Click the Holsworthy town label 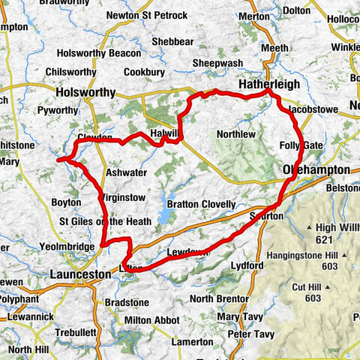[x=86, y=93]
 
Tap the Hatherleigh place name [x=269, y=85]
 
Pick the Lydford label [x=247, y=265]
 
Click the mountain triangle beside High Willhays [x=309, y=227]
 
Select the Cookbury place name [x=144, y=73]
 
